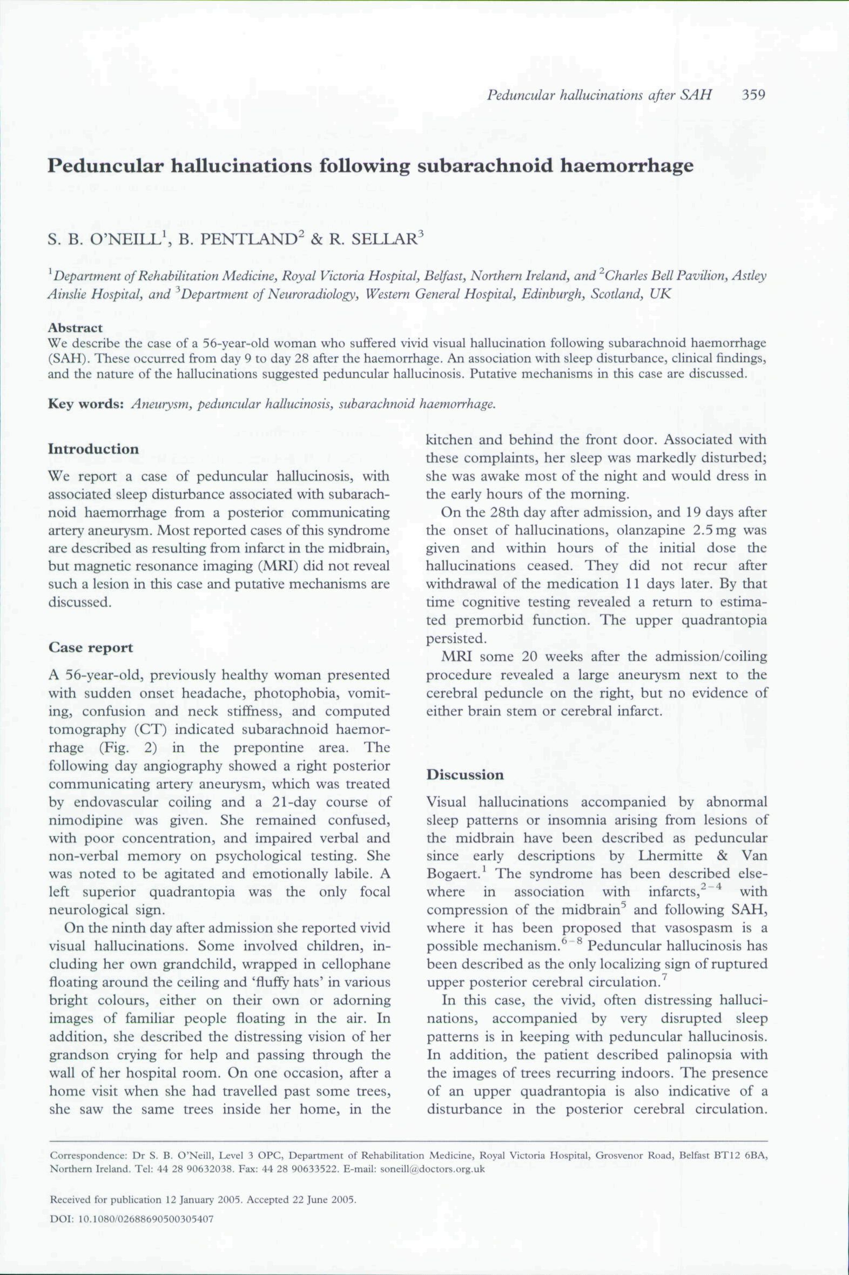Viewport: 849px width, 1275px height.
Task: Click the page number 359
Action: click(x=753, y=95)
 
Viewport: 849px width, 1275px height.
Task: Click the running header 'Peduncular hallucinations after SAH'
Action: click(x=599, y=95)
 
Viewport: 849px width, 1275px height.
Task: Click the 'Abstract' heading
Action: click(x=75, y=328)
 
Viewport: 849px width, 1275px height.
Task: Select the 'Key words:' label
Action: click(x=86, y=404)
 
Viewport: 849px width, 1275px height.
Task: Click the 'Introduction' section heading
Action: click(x=93, y=449)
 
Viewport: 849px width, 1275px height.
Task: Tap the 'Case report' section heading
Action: click(x=90, y=647)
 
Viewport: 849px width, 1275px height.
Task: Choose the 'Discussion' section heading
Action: click(x=464, y=774)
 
